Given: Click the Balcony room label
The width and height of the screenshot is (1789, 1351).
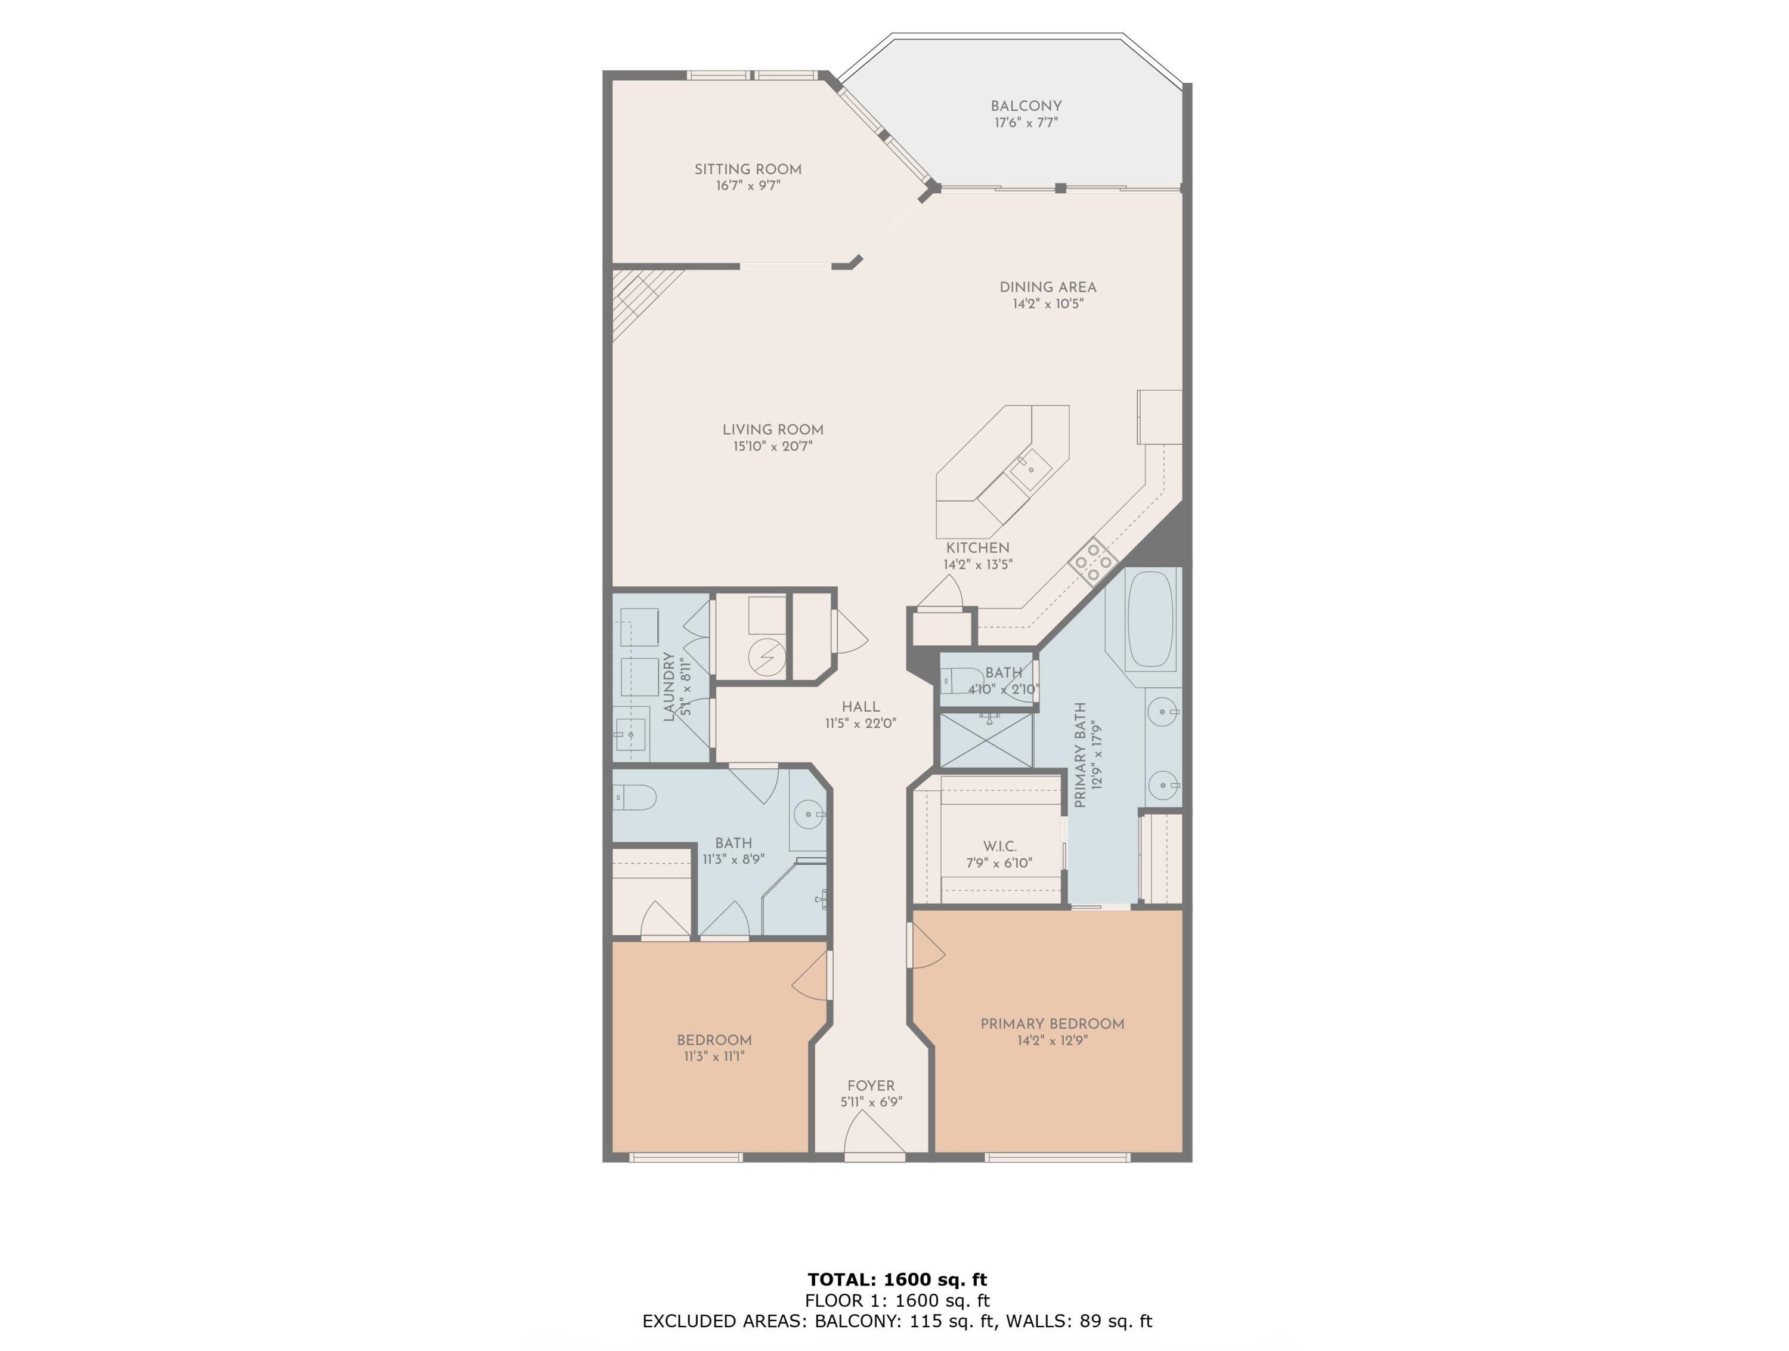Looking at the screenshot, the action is [x=1026, y=106].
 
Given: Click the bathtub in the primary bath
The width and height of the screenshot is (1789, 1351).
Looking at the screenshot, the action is [x=1151, y=620].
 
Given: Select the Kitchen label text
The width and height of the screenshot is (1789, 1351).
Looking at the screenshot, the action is [x=978, y=548].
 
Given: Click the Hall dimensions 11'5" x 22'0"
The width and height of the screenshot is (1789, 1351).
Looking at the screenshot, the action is [x=861, y=724].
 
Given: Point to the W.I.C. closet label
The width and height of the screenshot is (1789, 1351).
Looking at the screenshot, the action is [x=999, y=846].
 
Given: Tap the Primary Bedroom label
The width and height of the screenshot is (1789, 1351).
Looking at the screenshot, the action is [x=1052, y=1024].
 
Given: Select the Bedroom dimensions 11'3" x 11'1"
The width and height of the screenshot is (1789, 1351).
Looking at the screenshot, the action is [x=714, y=1056].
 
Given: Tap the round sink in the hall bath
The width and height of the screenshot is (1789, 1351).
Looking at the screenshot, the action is [x=809, y=815].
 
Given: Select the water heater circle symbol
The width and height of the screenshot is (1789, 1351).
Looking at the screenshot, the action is [x=766, y=656].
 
